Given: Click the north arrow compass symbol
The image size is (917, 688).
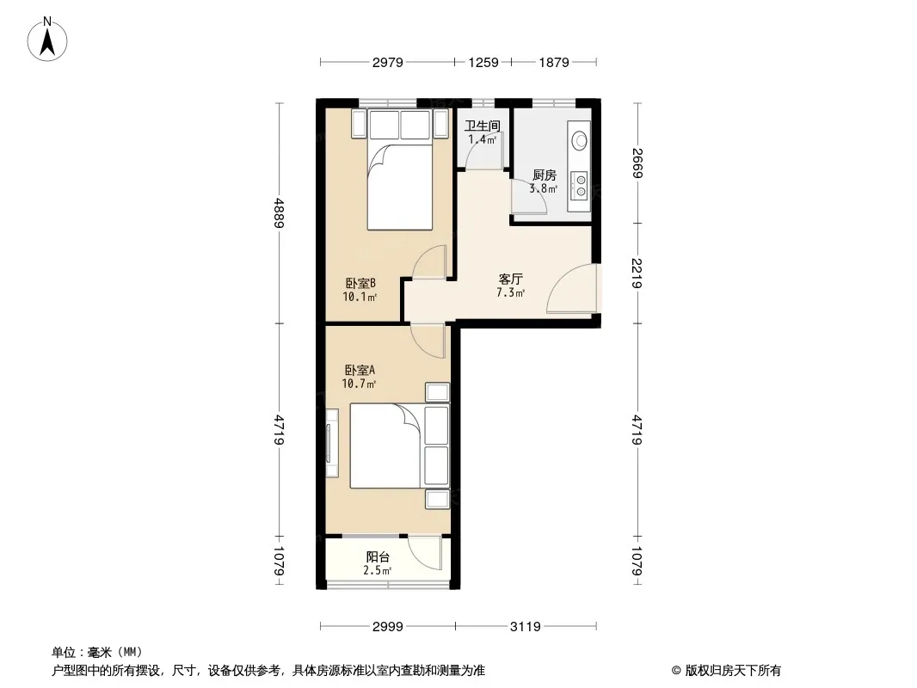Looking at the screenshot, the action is tap(47, 40).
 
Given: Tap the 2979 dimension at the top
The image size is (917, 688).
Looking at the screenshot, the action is tap(388, 63).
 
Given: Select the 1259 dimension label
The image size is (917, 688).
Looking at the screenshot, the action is tap(483, 63).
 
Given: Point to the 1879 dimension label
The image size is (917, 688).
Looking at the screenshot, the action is tap(554, 63).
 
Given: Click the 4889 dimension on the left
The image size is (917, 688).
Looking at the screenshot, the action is tap(280, 213).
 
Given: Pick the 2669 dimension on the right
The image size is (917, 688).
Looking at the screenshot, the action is tap(637, 163).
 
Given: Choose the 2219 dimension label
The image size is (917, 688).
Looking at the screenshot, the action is tap(637, 273).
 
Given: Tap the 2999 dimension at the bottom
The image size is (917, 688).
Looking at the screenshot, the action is tap(388, 627).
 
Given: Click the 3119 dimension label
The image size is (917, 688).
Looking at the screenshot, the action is tap(526, 627).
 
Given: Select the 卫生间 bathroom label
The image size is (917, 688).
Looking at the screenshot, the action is tap(483, 126).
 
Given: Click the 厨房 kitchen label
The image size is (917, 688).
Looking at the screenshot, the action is tap(545, 175).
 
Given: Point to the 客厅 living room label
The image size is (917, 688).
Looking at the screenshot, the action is tap(511, 279).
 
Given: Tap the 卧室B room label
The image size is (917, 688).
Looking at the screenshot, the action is tap(360, 284).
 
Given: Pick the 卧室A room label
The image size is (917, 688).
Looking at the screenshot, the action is tap(360, 370).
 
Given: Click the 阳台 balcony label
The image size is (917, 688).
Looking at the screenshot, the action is tap(378, 557).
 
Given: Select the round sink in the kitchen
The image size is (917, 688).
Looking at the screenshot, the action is tap(580, 140).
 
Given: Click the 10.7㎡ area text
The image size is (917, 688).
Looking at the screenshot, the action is tap(359, 384).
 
